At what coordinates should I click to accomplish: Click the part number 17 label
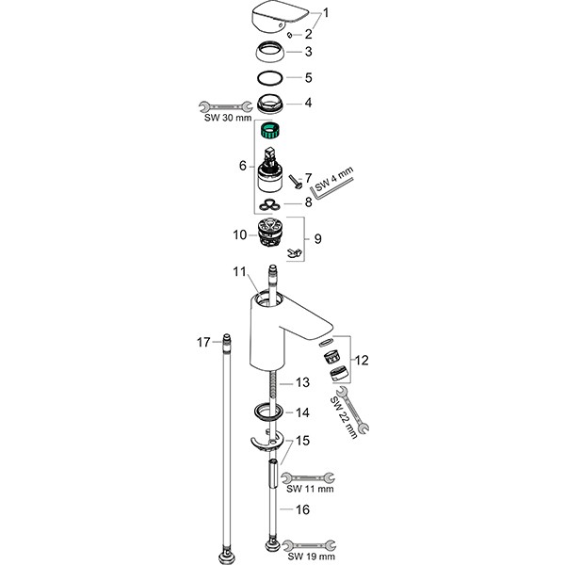pyautogui.click(x=202, y=341)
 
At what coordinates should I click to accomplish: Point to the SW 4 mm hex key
pyautogui.click(x=332, y=185)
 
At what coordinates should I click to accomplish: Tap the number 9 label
pyautogui.click(x=318, y=239)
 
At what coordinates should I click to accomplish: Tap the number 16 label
pyautogui.click(x=302, y=509)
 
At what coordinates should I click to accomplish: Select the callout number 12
pyautogui.click(x=362, y=358)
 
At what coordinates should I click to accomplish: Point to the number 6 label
pyautogui.click(x=242, y=165)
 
